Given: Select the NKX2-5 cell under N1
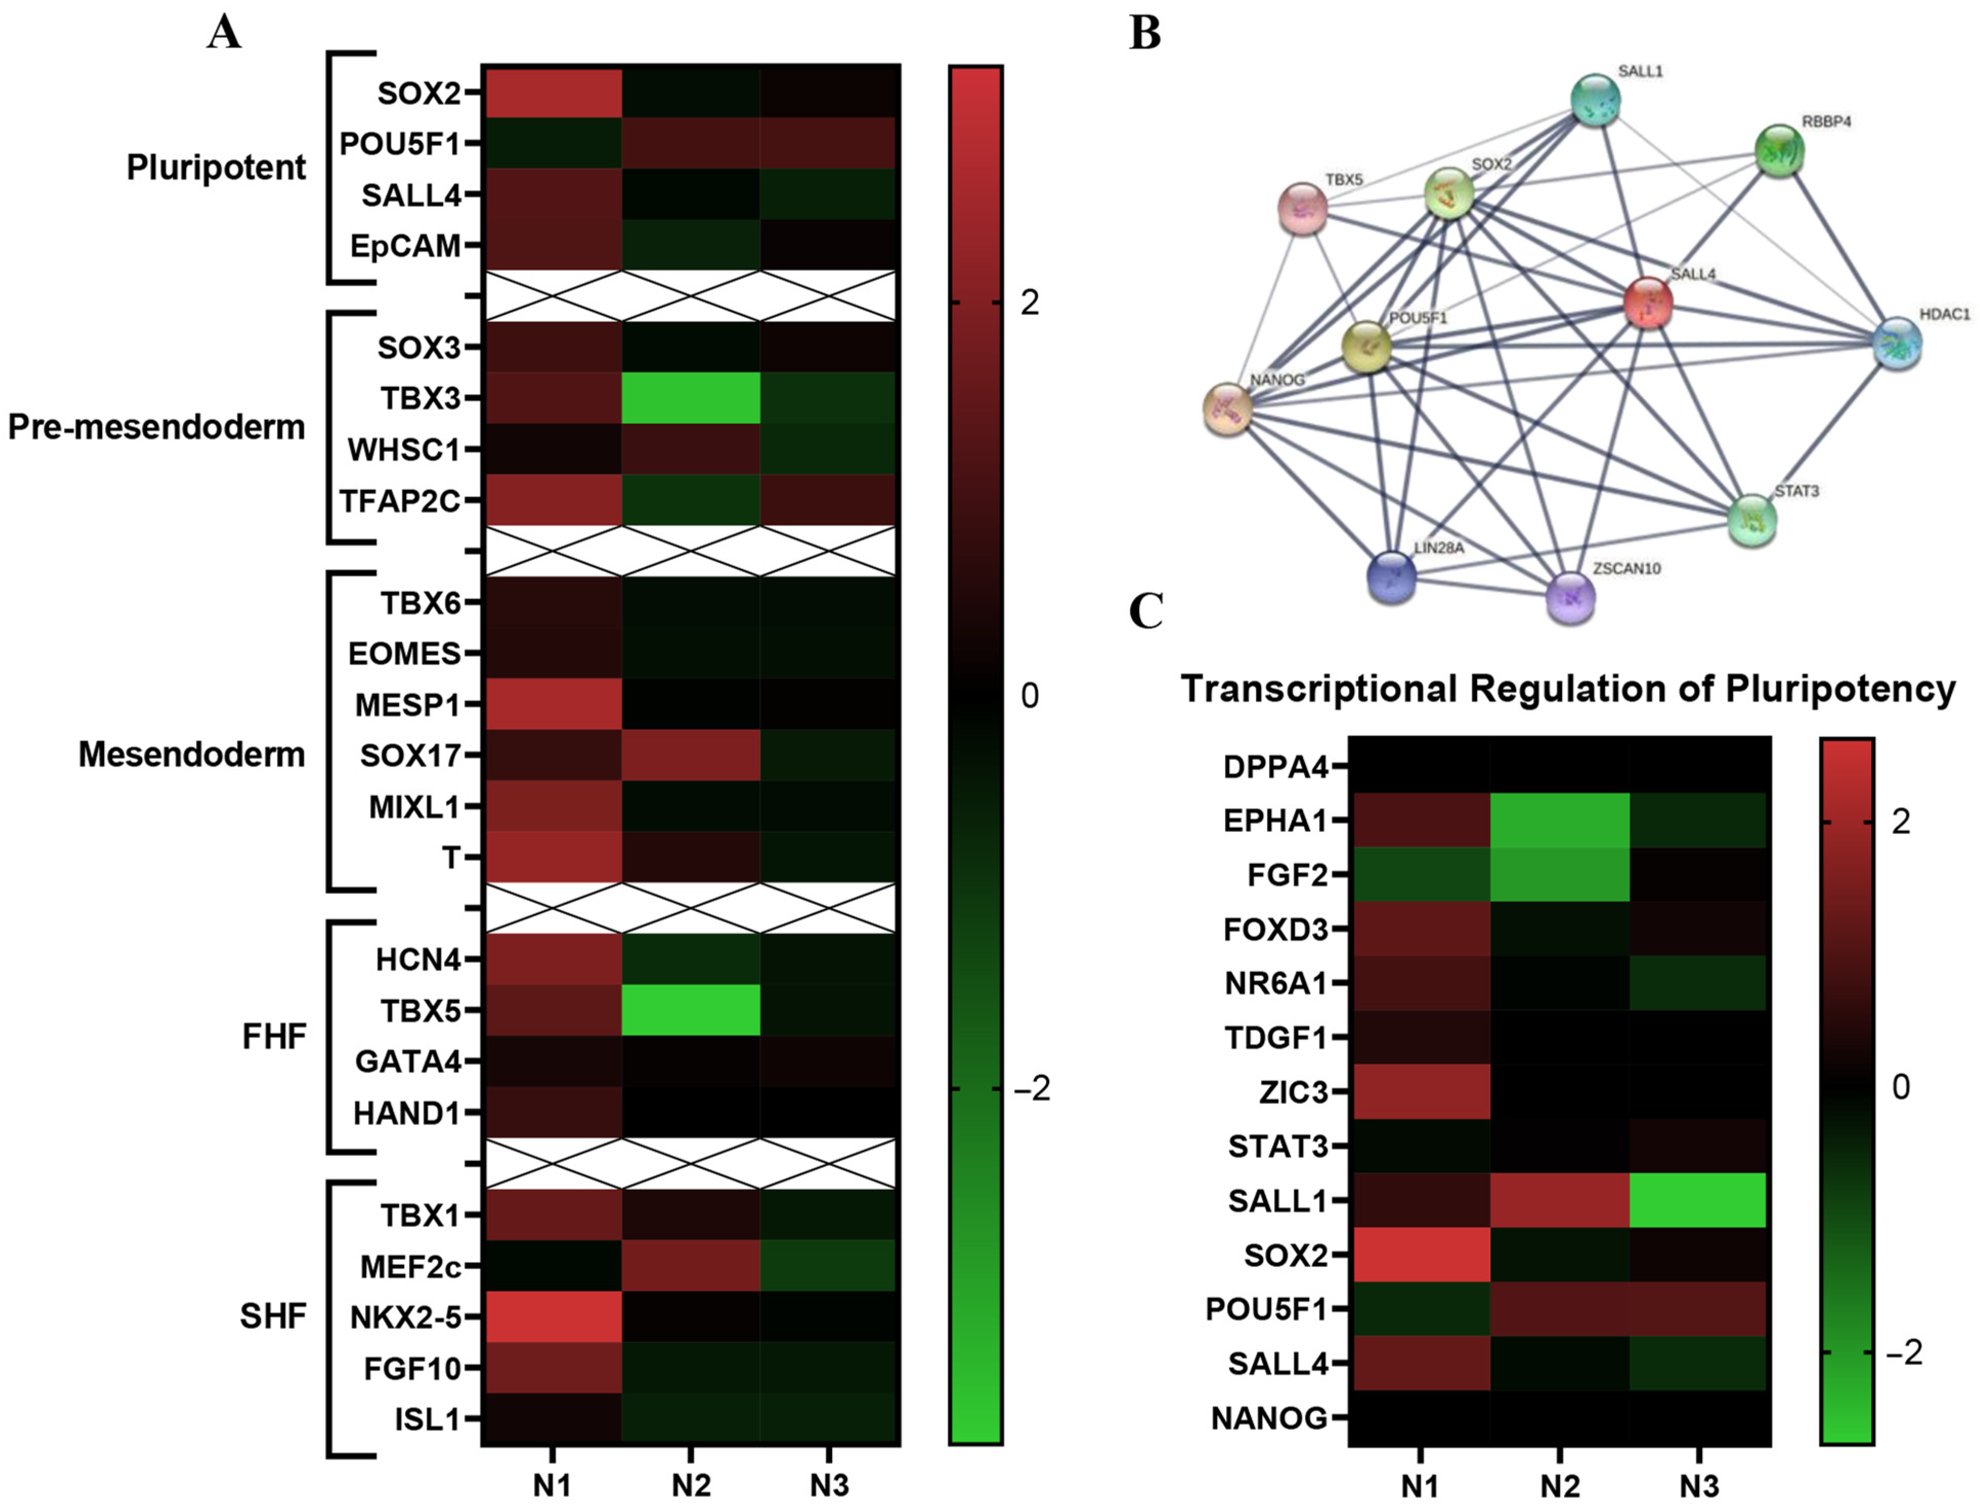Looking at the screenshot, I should point(552,1317).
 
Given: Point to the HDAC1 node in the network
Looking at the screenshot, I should point(1898,342).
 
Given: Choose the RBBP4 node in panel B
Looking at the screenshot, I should point(1779,150).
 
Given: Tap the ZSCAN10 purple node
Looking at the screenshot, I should point(1570,597).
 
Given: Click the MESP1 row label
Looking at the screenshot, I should point(407,705).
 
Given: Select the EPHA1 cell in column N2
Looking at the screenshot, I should point(1559,820).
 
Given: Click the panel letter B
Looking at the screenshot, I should point(1146,33).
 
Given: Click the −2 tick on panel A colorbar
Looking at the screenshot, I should point(1031,1089).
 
